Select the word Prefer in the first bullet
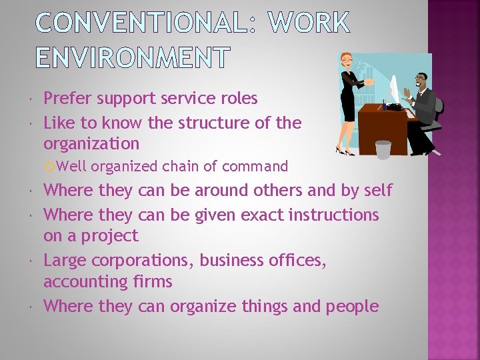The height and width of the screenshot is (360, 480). (x=68, y=99)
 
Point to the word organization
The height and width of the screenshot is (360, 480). (x=91, y=143)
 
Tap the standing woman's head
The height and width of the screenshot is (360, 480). (x=347, y=61)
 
